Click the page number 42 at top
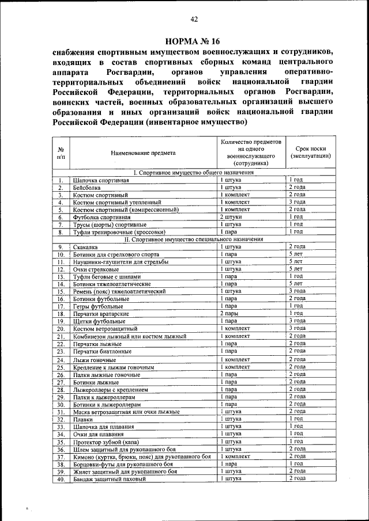pyautogui.click(x=194, y=20)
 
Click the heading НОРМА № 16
pyautogui.click(x=193, y=41)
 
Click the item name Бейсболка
pyautogui.click(x=86, y=188)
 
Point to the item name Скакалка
pyautogui.click(x=86, y=247)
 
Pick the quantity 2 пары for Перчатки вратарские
pyautogui.click(x=229, y=314)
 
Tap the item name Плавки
pyautogui.click(x=83, y=420)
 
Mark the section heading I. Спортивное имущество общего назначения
pyautogui.click(x=193, y=173)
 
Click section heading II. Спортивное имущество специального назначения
pyautogui.click(x=193, y=239)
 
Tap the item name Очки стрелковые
pyautogui.click(x=96, y=269)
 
